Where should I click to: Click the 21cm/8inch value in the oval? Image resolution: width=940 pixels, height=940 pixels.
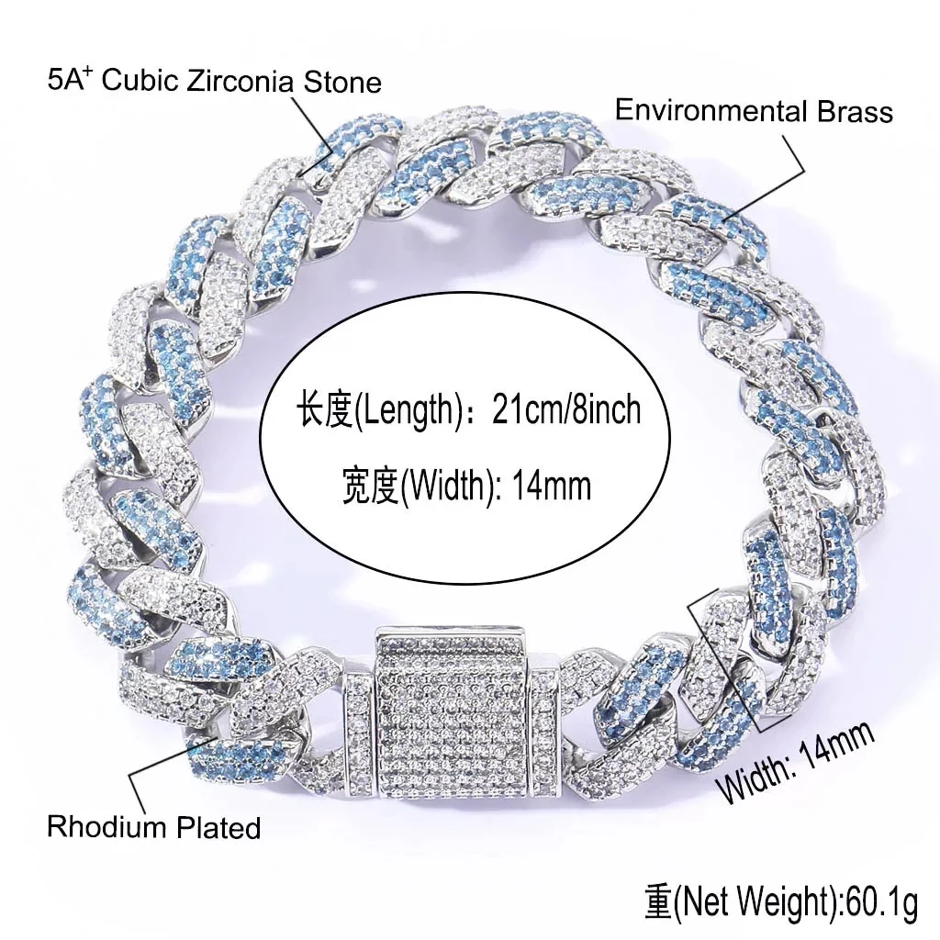(x=566, y=410)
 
